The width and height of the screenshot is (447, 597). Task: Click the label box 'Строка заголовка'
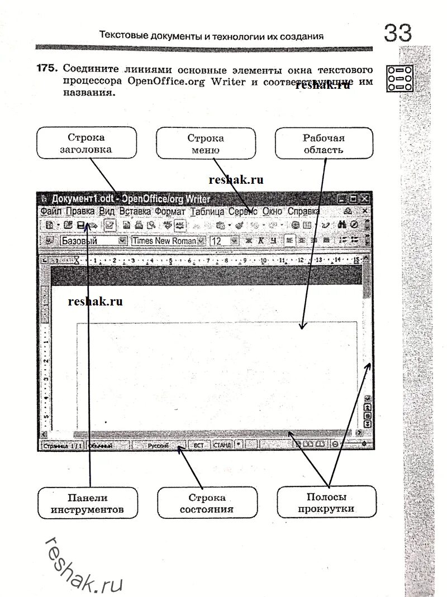pyautogui.click(x=87, y=144)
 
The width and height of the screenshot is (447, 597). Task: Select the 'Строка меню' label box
pyautogui.click(x=205, y=144)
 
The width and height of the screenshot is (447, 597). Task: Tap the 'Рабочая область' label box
pyautogui.click(x=324, y=144)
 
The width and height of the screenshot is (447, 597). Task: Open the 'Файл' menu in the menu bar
pyautogui.click(x=51, y=212)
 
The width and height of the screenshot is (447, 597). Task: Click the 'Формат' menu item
pyautogui.click(x=170, y=212)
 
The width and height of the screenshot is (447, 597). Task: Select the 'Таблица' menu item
pyautogui.click(x=207, y=212)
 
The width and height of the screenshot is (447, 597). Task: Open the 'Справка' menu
pyautogui.click(x=303, y=212)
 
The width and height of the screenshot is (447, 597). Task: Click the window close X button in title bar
pyautogui.click(x=364, y=199)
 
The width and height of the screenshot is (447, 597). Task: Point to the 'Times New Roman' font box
pyautogui.click(x=164, y=241)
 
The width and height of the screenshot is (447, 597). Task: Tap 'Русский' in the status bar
pyautogui.click(x=158, y=446)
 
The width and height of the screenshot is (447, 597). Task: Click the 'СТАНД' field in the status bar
pyautogui.click(x=222, y=446)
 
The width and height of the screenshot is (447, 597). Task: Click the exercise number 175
pyautogui.click(x=47, y=69)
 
